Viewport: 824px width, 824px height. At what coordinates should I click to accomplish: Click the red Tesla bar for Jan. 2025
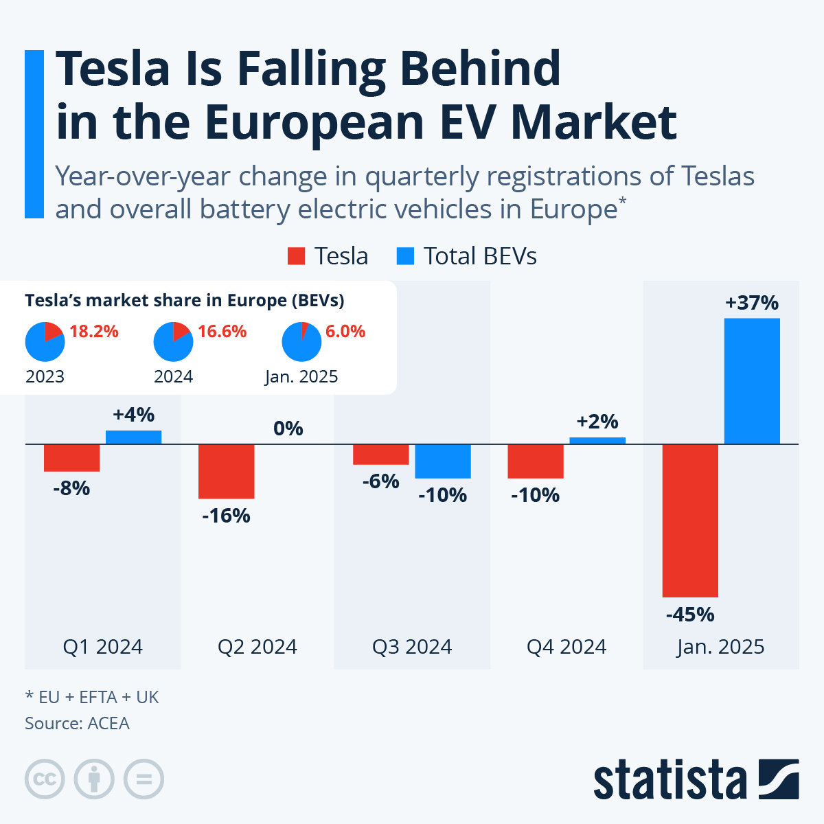click(690, 520)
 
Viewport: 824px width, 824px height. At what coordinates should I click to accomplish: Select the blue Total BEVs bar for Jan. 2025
click(752, 381)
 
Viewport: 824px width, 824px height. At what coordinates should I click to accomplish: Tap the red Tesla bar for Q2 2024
click(227, 471)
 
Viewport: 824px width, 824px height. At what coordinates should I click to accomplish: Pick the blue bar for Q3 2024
click(443, 461)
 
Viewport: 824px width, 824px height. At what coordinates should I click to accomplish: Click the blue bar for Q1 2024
click(133, 437)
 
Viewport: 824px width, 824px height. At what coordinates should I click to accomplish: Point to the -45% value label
click(690, 615)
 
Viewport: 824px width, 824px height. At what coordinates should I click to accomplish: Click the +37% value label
click(752, 303)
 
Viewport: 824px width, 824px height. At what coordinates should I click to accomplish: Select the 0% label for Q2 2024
click(288, 428)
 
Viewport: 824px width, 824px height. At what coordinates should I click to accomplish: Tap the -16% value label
click(226, 516)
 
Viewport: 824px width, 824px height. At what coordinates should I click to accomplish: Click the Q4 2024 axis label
click(566, 647)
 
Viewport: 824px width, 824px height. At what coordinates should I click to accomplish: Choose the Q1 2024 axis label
click(103, 647)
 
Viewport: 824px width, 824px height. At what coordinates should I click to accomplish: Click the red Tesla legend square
click(296, 256)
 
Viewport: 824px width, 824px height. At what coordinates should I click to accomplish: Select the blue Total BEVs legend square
click(406, 256)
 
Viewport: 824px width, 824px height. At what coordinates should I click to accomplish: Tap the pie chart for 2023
click(45, 341)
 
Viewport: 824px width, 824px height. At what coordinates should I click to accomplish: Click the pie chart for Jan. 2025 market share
click(301, 341)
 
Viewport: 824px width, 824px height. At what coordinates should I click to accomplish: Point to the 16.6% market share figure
click(222, 332)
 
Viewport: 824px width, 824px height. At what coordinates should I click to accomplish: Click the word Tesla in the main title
click(113, 69)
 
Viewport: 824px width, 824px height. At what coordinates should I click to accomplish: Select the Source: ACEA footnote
click(77, 723)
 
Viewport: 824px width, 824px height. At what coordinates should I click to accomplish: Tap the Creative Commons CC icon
click(45, 779)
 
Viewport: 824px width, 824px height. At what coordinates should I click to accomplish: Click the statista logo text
click(669, 781)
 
